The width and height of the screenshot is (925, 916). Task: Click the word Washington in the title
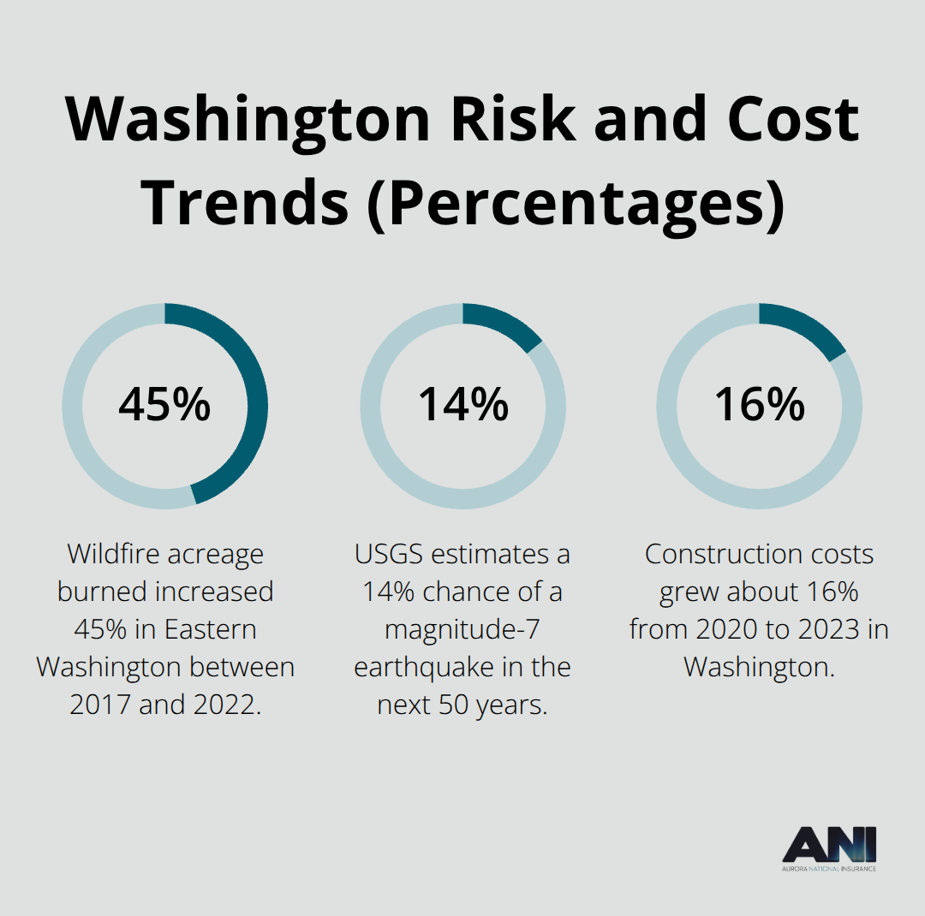(248, 119)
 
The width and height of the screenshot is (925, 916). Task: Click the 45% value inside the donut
(164, 405)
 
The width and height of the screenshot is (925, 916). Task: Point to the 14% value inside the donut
(462, 405)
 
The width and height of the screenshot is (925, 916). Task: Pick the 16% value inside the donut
(760, 405)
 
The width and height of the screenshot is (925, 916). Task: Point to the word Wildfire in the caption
(114, 555)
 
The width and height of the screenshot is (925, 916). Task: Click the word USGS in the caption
(390, 555)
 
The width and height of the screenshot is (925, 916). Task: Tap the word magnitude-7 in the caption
(462, 629)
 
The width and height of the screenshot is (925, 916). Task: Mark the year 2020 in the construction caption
(725, 629)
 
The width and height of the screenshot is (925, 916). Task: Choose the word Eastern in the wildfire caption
(210, 629)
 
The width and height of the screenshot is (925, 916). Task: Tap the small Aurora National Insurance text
(829, 868)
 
